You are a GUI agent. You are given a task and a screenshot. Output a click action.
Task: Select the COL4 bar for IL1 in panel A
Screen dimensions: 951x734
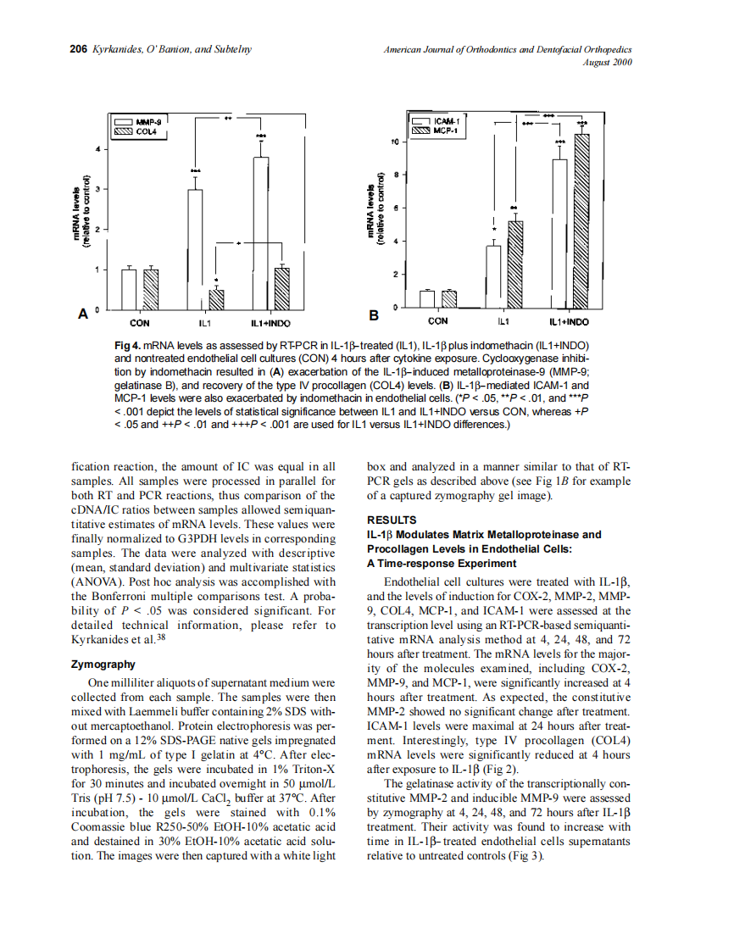[217, 300]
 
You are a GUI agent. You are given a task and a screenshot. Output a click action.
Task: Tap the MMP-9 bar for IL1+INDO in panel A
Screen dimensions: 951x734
[261, 234]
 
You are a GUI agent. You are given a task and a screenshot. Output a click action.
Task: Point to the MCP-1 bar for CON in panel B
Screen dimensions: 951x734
[449, 298]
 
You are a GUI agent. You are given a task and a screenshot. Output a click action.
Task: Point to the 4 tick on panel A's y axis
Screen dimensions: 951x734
[98, 149]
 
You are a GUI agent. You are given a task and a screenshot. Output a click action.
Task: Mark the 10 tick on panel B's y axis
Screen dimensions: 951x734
[394, 141]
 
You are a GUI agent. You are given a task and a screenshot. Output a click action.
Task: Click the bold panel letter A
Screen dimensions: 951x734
[83, 314]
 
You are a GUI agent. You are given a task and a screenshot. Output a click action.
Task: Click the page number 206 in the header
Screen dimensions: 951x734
[78, 49]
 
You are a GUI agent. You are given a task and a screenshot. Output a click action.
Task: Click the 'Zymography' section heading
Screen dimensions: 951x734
[104, 665]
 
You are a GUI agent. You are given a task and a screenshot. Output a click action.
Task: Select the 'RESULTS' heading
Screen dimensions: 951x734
[391, 520]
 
